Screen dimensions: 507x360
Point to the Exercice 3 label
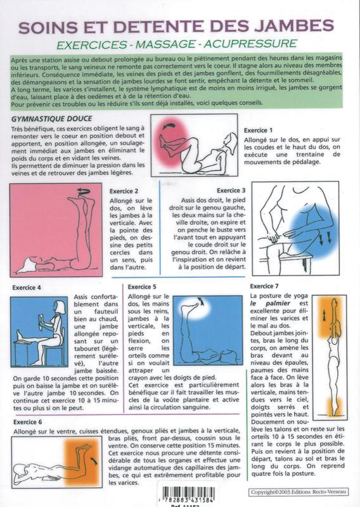pyautogui.click(x=231, y=189)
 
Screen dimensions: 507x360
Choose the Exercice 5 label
pyautogui.click(x=143, y=287)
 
